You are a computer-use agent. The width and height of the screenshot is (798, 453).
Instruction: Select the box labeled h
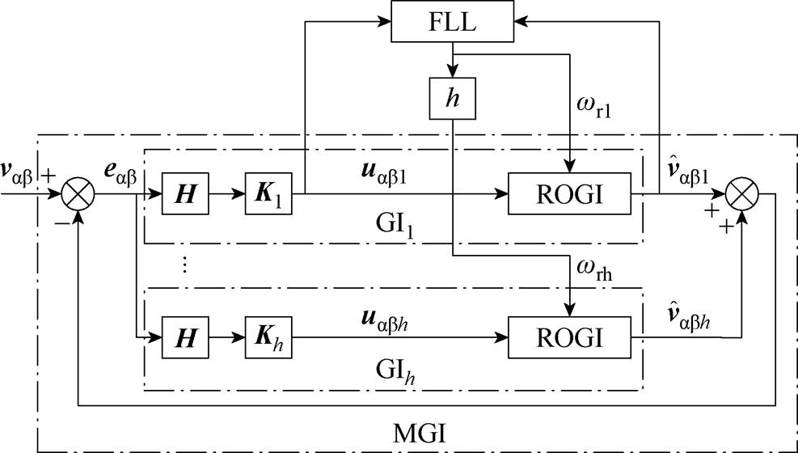(454, 101)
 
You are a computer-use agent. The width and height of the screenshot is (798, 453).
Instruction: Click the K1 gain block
(268, 194)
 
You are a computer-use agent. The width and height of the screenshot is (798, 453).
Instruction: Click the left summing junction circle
(78, 194)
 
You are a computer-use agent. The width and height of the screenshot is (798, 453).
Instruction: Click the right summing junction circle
(741, 194)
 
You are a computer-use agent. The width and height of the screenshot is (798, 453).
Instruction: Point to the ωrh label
(593, 269)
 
